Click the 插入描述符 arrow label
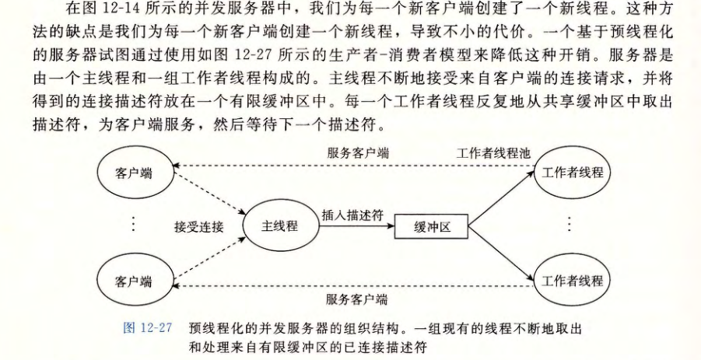352,215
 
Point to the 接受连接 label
198,227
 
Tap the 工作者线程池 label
493,154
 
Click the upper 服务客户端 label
358,153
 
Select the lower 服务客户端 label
356,299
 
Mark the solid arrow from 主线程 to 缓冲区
357,226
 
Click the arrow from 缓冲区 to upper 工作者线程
502,198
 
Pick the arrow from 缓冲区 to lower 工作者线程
502,254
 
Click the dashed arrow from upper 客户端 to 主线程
209,194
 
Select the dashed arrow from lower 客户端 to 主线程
209,259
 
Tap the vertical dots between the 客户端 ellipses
134,223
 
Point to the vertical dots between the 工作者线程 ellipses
570,223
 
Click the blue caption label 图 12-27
148,328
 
